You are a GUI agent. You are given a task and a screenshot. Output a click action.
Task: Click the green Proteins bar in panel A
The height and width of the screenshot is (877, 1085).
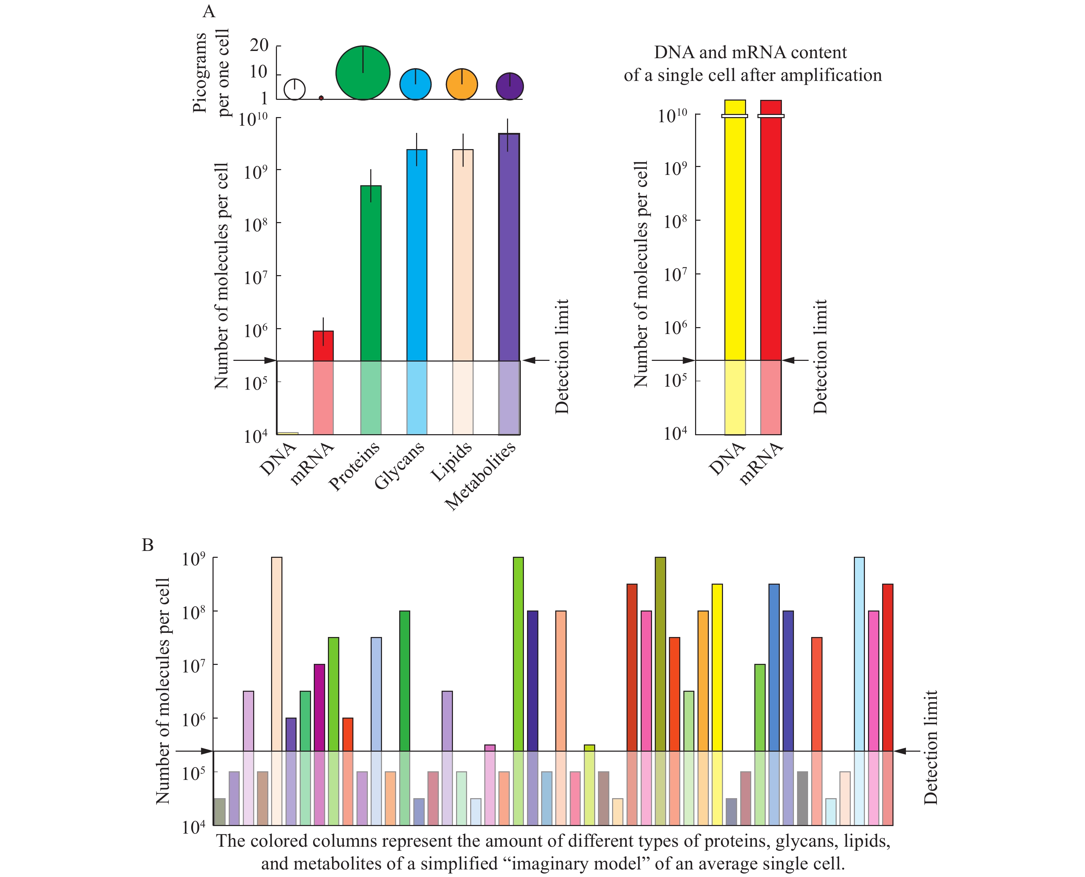[x=371, y=273]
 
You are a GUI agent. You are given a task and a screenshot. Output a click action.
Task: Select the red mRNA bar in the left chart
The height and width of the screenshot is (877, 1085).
[x=323, y=346]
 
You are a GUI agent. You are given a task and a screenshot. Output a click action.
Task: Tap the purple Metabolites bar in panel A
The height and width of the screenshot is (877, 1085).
[x=509, y=248]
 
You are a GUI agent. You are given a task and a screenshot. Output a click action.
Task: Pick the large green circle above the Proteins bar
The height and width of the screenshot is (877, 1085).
[x=363, y=73]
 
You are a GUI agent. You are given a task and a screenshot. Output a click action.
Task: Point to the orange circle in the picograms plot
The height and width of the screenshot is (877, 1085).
[x=462, y=84]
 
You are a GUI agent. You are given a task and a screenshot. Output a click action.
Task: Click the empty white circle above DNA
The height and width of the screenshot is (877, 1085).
[x=294, y=90]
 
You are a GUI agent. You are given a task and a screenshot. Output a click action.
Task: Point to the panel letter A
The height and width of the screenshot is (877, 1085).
[x=209, y=11]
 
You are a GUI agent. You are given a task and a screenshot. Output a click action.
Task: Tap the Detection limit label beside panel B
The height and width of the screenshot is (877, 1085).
[x=930, y=748]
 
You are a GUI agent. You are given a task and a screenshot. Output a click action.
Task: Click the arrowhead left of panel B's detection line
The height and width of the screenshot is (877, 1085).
[x=207, y=751]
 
